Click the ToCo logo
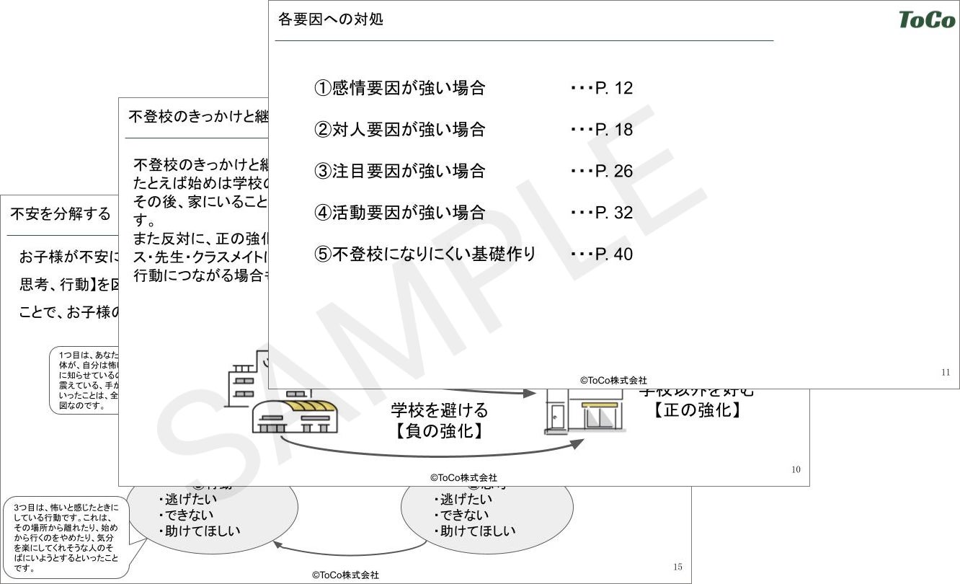(927, 19)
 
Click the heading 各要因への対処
(331, 19)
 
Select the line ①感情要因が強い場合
(400, 88)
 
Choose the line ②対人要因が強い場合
(400, 130)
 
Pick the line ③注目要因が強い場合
(400, 172)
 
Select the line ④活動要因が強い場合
(400, 213)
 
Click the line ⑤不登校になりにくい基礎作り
(425, 255)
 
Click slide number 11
(946, 373)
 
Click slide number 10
(796, 470)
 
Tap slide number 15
(677, 567)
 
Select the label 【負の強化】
(438, 431)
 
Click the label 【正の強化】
(697, 411)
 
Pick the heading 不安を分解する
(61, 214)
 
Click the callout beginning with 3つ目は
(66, 537)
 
